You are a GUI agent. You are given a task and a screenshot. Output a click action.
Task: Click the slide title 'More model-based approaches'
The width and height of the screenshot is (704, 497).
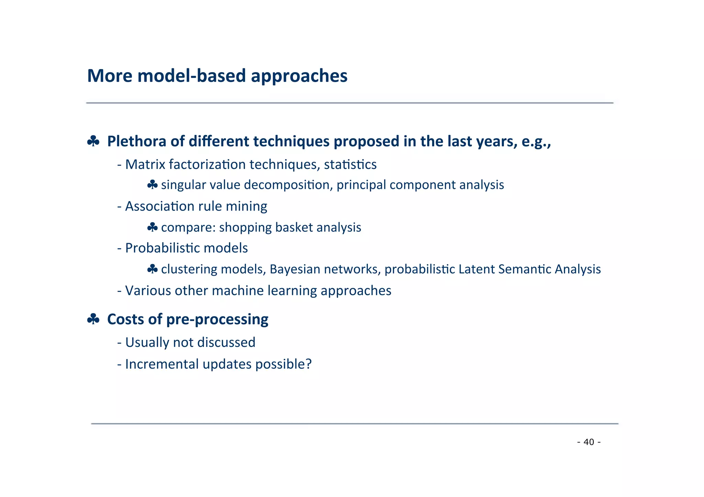217,76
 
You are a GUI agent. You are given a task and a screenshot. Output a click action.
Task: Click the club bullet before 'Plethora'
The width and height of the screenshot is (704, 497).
93,141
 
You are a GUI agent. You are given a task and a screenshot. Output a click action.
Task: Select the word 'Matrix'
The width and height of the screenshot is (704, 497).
145,165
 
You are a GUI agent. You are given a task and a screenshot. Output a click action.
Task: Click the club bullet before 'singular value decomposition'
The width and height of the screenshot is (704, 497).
152,185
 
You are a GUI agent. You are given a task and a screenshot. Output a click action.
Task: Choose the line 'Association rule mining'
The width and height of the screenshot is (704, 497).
196,206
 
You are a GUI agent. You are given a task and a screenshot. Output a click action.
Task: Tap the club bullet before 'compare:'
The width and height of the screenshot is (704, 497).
152,227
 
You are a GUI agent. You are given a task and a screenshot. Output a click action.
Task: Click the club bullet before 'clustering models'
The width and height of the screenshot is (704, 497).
152,269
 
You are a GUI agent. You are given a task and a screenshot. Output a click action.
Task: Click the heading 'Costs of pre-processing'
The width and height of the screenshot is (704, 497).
188,319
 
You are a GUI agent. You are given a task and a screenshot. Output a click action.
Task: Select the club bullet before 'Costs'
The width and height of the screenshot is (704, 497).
93,319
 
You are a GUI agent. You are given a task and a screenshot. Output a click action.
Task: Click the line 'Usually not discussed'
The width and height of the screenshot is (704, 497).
190,342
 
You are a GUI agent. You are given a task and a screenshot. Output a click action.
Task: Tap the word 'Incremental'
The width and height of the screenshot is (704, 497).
162,364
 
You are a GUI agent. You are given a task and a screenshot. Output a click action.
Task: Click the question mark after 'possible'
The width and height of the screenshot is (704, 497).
308,364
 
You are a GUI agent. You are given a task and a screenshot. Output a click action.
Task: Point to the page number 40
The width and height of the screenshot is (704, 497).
589,442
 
